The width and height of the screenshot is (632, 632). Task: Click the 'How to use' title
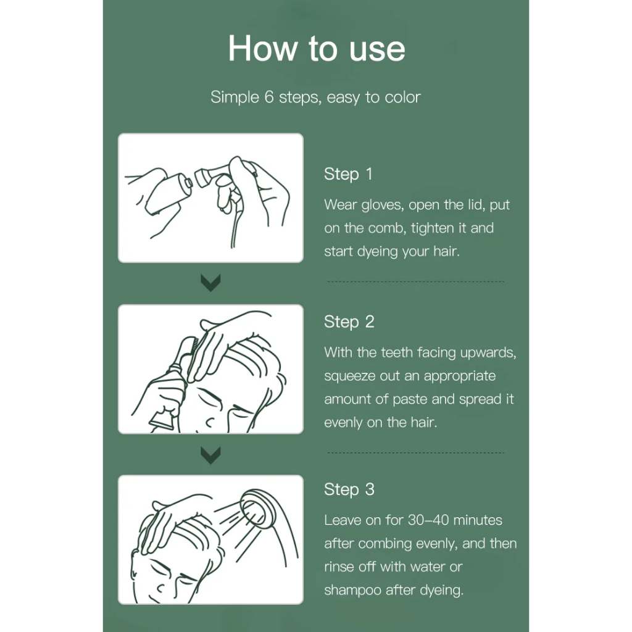pos(317,48)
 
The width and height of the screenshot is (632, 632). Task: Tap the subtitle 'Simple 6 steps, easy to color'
pos(315,97)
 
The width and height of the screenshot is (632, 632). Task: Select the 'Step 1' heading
pos(348,174)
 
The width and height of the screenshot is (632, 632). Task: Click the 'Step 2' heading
pos(349,322)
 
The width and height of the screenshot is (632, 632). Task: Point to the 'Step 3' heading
pos(349,489)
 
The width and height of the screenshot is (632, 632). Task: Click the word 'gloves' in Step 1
pos(382,205)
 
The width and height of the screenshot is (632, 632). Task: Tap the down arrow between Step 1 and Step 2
pos(210,283)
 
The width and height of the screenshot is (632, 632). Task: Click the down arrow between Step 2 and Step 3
pos(210,455)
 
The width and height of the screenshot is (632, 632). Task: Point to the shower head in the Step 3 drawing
pos(258,509)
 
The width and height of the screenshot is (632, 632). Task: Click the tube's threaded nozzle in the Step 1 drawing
pos(187,183)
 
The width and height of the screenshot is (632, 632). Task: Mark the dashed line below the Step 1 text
pos(415,281)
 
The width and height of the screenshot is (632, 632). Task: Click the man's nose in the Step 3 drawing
pos(160,588)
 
